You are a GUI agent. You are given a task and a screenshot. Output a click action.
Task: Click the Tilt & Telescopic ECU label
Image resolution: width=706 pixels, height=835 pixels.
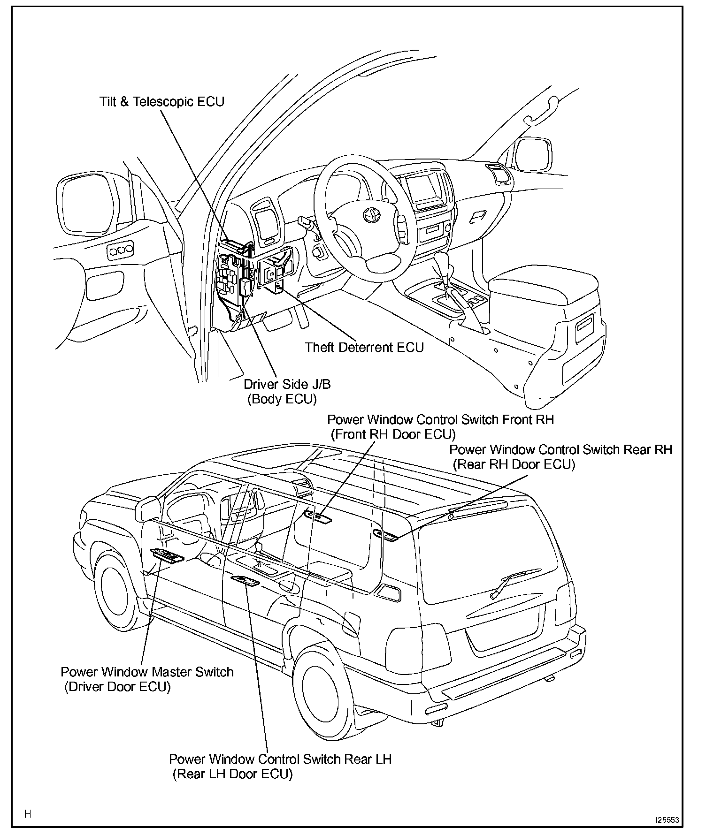point(162,102)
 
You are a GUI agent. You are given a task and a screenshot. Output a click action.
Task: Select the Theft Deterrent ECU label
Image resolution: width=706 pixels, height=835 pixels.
point(364,348)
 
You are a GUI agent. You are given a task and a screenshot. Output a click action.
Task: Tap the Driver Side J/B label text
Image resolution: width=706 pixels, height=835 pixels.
point(287,385)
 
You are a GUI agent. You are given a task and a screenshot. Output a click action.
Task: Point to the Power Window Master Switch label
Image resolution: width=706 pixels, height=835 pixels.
point(147,672)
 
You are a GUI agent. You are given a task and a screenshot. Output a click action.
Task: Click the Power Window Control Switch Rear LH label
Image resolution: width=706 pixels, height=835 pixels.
point(280,759)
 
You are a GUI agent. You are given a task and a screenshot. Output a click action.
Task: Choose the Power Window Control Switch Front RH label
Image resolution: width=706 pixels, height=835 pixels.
point(440,419)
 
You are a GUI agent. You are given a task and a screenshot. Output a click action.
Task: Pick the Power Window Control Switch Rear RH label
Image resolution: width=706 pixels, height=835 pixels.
point(560,449)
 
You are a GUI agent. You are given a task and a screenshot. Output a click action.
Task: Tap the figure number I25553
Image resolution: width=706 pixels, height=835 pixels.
point(667,820)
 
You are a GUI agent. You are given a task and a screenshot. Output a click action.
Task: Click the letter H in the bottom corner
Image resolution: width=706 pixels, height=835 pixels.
point(28,813)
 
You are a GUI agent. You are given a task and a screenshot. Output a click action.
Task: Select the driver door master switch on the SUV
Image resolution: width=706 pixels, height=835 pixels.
point(167,555)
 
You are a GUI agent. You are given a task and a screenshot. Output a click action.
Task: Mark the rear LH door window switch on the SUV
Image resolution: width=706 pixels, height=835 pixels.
point(246,581)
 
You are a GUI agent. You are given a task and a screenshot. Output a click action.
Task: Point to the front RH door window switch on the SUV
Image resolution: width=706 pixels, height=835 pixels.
point(318,516)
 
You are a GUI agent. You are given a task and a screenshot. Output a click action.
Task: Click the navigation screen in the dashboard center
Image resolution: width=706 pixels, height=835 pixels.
point(424,187)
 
